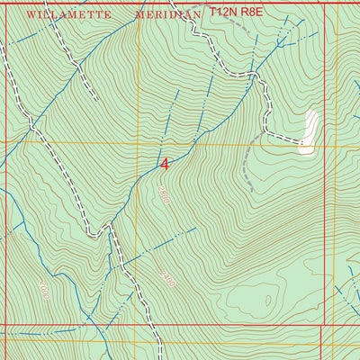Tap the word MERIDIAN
pos(166,15)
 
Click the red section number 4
pos(165,164)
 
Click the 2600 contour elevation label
pos(163,193)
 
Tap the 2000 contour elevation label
pos(44,289)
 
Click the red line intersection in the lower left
pos(6,326)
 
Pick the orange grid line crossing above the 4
pos(138,142)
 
